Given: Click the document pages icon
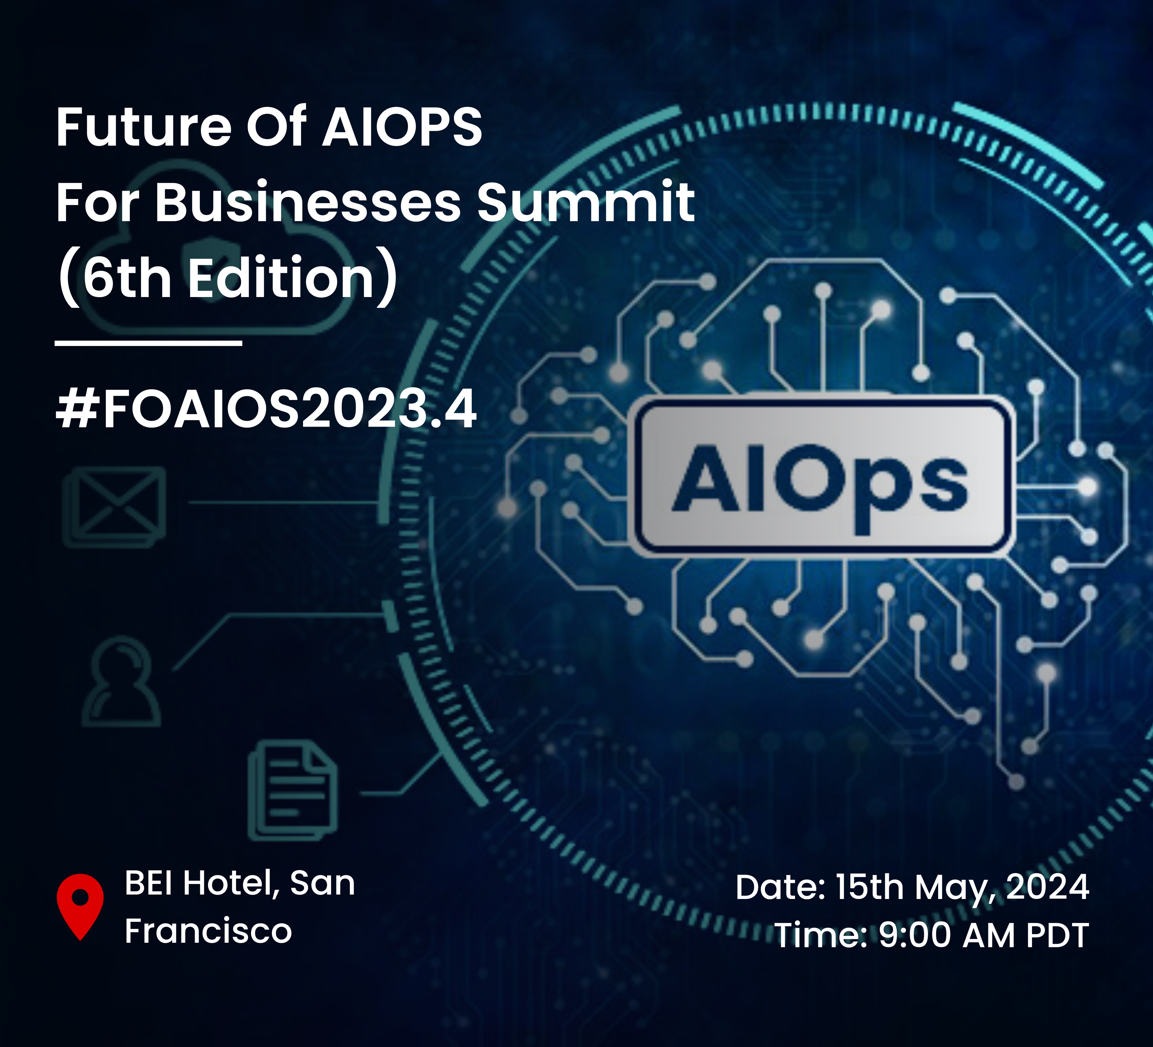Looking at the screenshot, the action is (x=293, y=790).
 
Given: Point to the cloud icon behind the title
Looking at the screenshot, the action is (x=223, y=246).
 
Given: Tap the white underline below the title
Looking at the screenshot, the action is (x=149, y=343).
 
